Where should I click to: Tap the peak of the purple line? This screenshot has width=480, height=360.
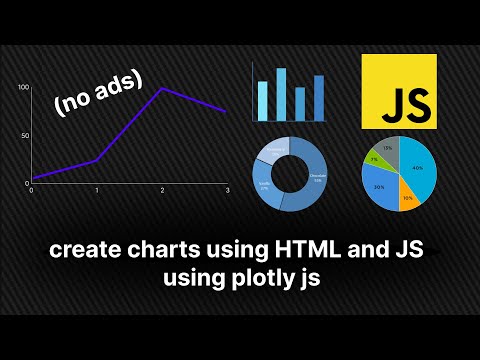coord(162,89)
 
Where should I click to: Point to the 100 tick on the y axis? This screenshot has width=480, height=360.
coord(24,88)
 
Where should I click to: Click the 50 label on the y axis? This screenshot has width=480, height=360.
coord(25,135)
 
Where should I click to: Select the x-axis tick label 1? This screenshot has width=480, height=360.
coord(96,191)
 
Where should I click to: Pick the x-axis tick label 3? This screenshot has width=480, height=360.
coord(228,191)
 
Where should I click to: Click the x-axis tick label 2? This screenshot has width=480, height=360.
coord(162,191)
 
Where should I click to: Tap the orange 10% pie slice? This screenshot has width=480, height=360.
coord(408,196)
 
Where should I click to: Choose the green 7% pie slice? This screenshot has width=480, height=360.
coord(375,159)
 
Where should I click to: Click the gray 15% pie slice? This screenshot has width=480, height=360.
coord(386,148)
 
